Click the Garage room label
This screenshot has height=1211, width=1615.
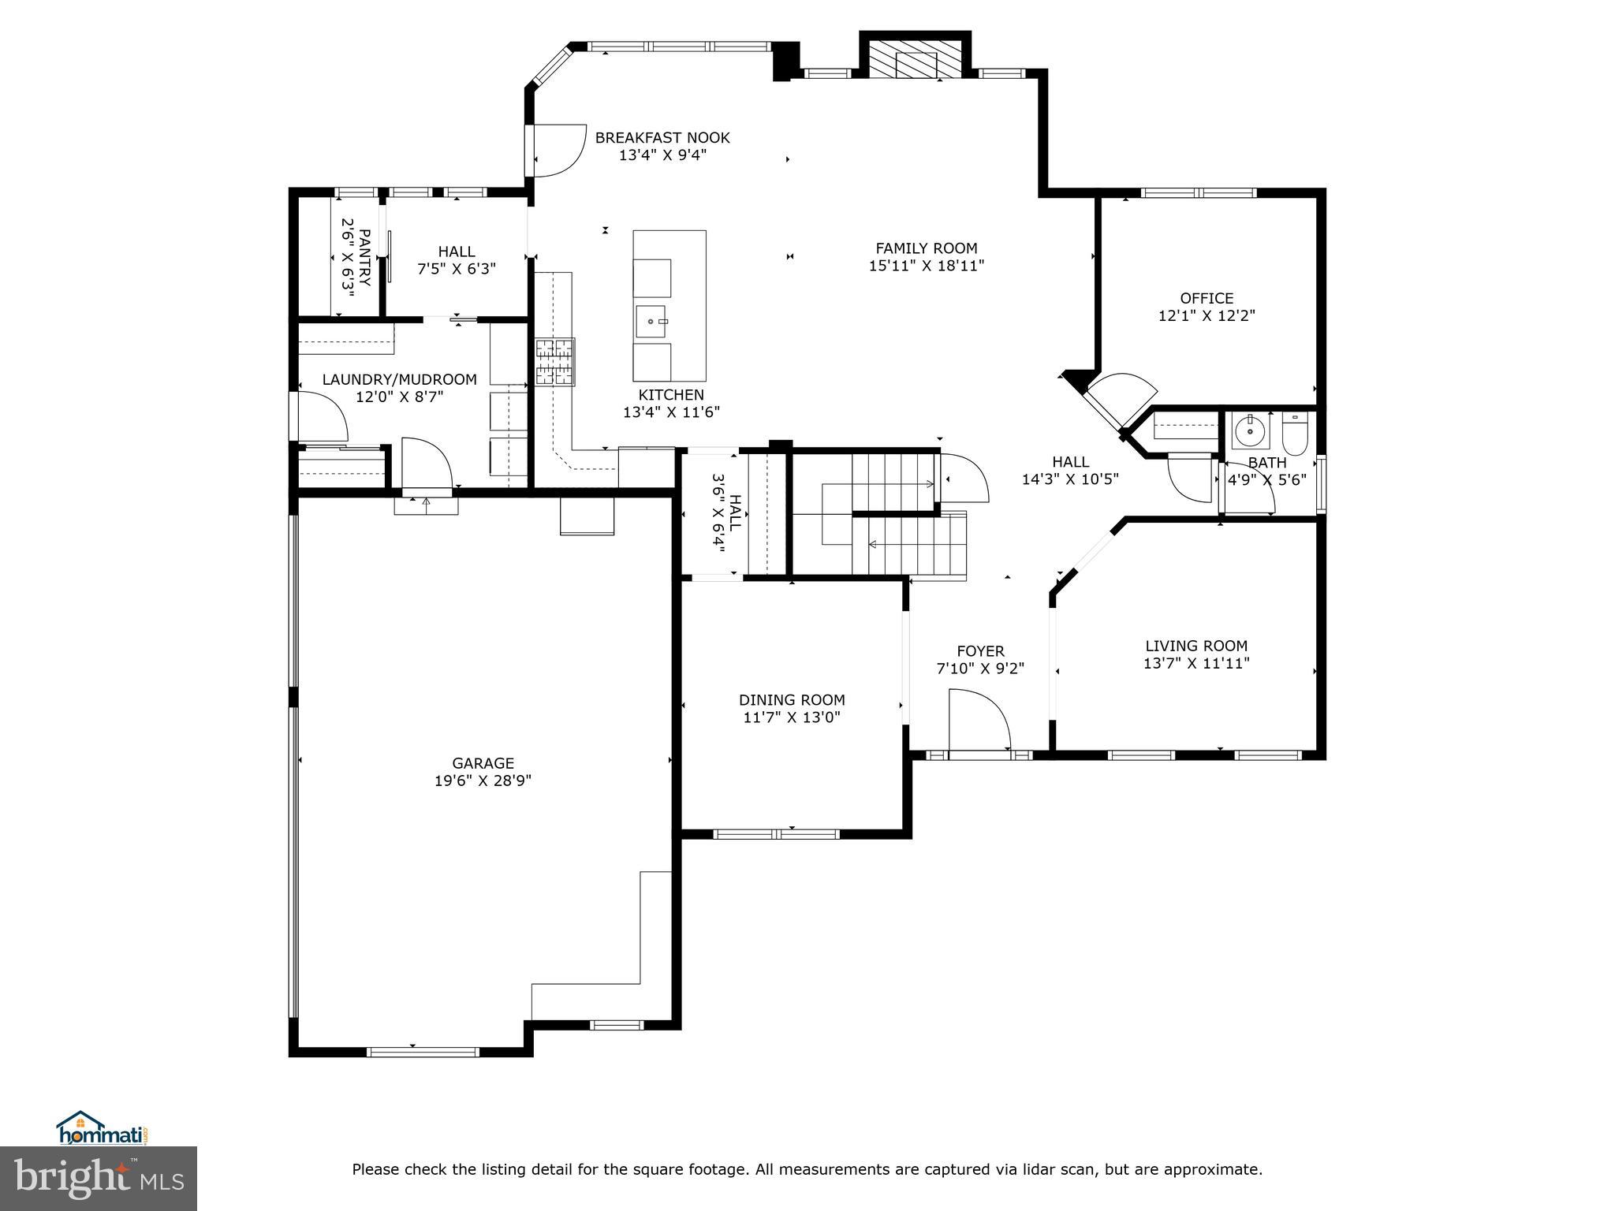click(x=483, y=763)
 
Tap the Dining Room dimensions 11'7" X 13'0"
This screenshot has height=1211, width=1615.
click(x=792, y=717)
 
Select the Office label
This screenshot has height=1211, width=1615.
click(x=1207, y=298)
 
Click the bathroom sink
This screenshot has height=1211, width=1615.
click(x=1250, y=430)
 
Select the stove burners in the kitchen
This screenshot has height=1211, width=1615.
click(x=555, y=362)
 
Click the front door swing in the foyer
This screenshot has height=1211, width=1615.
click(x=979, y=720)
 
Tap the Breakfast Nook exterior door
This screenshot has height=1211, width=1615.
click(x=557, y=150)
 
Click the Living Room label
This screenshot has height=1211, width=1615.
click(x=1196, y=646)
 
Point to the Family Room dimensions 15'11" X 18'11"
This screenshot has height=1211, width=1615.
click(x=927, y=266)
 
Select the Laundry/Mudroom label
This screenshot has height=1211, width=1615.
click(x=400, y=379)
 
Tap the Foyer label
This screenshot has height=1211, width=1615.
click(x=980, y=651)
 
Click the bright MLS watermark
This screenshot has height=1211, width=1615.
click(x=99, y=1179)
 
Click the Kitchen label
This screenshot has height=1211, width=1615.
click(x=671, y=395)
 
